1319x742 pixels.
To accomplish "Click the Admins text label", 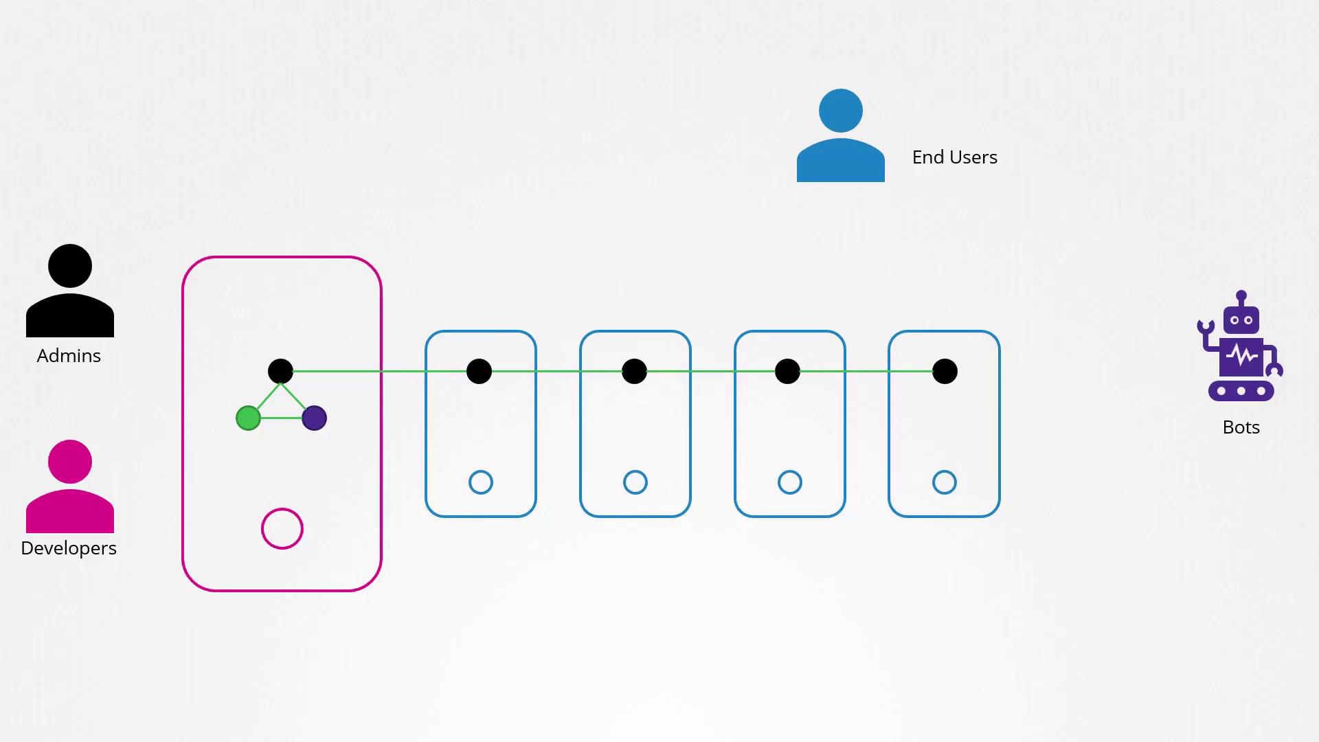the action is [x=69, y=356].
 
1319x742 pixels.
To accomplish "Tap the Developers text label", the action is [x=69, y=548].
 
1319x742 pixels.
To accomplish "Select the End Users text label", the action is [x=955, y=157].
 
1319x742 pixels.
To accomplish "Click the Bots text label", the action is [x=1241, y=427].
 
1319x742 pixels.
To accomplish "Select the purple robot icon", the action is [x=1241, y=346].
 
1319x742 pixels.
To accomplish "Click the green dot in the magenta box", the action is [x=248, y=418].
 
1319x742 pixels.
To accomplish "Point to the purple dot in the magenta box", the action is [x=314, y=418].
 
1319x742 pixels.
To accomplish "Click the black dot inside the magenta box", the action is [x=280, y=372].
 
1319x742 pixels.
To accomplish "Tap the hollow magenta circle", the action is [x=282, y=509].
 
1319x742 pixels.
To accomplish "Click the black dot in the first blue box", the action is [x=479, y=372].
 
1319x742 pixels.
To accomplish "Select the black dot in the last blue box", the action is [x=945, y=372].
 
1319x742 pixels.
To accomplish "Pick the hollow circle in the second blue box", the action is [x=635, y=471].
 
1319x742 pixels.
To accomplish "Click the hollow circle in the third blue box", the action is [x=790, y=471].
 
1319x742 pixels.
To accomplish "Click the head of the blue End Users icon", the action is [x=841, y=111].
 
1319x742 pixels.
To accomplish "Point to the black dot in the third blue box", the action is [x=787, y=372].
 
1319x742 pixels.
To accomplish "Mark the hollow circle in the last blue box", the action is [x=945, y=471].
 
